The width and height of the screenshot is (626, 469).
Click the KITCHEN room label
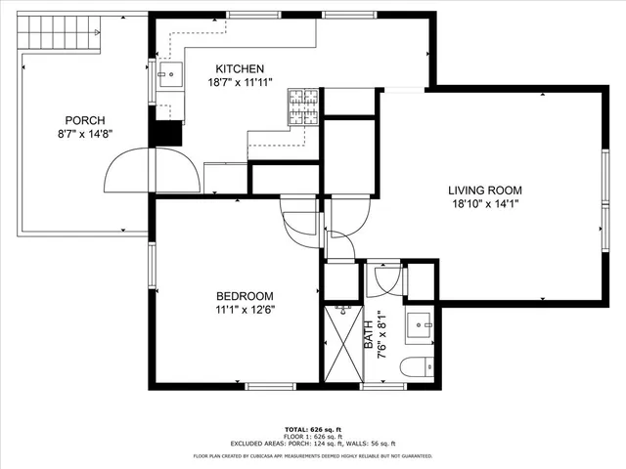(x=239, y=68)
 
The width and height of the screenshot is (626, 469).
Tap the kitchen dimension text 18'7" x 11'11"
(x=239, y=82)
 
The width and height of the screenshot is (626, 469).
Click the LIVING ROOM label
(x=485, y=191)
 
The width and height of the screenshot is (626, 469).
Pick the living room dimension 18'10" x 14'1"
(x=485, y=204)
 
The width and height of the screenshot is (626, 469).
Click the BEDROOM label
(x=245, y=296)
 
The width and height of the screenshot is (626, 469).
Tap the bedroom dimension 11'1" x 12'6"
(x=245, y=310)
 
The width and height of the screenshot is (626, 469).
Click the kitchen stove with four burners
(x=302, y=107)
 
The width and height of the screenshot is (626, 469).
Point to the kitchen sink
(x=166, y=72)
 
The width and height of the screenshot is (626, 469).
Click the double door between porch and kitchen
(x=151, y=171)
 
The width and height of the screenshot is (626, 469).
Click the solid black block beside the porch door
(x=166, y=132)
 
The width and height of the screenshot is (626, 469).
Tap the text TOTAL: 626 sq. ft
(x=312, y=429)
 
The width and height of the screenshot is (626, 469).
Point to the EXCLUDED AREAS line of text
(x=312, y=445)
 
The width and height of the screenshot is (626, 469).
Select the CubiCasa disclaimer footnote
(x=312, y=455)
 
